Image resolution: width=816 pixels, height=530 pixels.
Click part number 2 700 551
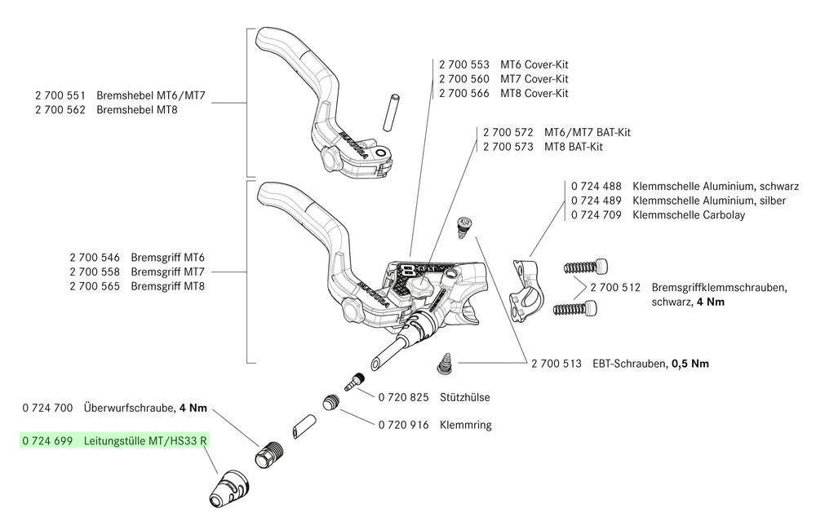pos(60,95)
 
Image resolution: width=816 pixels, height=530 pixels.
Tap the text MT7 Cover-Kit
pos(534,78)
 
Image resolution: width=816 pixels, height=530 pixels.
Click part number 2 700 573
pos(508,147)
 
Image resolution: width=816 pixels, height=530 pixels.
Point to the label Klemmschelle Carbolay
pos(690,214)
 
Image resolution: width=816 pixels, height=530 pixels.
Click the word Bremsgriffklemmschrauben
pos(719,288)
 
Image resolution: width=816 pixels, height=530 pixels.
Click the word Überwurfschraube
pos(130,407)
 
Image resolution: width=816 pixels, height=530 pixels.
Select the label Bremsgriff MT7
pos(167,272)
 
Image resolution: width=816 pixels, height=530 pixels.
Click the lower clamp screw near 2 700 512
pos(575,308)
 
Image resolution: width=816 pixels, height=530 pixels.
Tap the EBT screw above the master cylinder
pos(462,223)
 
